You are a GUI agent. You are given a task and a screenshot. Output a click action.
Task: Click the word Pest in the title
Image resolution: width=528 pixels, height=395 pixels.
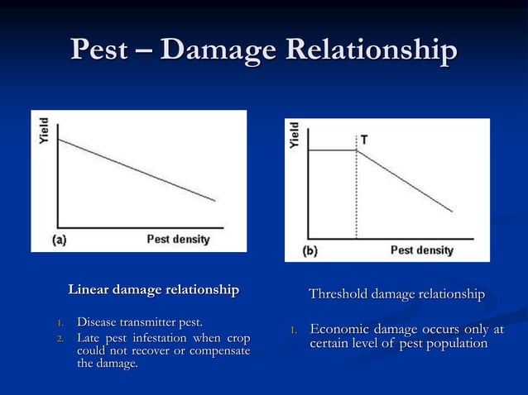coord(100,50)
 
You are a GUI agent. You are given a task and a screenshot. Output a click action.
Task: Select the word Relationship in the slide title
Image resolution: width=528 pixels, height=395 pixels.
coord(370,50)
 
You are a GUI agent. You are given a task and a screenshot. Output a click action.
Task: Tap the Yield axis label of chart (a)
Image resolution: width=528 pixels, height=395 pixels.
coord(44,130)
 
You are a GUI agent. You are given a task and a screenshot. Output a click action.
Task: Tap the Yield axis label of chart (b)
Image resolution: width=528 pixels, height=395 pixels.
coord(295,136)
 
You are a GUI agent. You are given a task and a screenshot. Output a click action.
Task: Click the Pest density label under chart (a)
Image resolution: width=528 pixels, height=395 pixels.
coord(178,240)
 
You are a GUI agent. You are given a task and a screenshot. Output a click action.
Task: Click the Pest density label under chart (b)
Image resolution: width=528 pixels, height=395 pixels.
coord(421,250)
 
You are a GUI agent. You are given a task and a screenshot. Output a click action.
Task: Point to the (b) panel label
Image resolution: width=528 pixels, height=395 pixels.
coord(310,250)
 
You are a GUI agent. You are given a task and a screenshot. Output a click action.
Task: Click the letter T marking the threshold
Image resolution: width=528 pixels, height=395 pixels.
coord(364,140)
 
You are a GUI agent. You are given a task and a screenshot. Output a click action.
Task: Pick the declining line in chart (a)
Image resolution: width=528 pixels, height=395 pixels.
coord(137,169)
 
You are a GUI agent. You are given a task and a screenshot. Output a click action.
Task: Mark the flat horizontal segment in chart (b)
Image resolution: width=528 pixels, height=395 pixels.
coord(332,150)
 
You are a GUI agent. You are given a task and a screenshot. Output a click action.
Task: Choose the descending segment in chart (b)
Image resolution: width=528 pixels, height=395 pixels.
coord(406,182)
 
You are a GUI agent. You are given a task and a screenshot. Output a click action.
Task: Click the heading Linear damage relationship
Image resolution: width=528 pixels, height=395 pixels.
coord(153,290)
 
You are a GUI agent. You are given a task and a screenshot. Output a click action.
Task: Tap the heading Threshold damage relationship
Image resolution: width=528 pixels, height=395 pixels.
coord(396,294)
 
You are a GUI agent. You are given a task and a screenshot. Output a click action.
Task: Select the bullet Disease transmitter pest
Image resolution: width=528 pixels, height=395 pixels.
coord(140,321)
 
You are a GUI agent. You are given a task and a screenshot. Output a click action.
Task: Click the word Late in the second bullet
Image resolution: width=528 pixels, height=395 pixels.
coord(89,338)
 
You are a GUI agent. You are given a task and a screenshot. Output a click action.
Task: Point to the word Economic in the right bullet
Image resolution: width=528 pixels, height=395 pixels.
coord(340,329)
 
